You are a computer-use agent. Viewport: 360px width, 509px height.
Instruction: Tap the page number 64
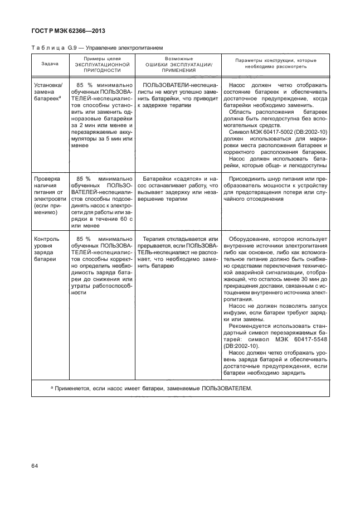coord(35,465)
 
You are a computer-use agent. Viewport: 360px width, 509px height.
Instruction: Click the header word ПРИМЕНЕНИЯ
coord(179,71)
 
